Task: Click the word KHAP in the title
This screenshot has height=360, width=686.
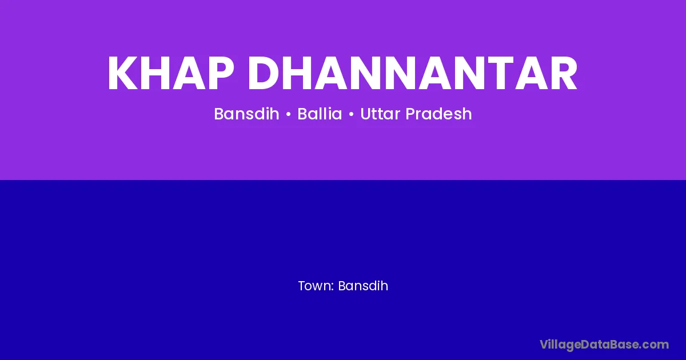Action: click(171, 73)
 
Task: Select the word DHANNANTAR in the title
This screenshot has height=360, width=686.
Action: click(412, 73)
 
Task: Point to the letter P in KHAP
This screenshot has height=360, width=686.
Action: click(221, 73)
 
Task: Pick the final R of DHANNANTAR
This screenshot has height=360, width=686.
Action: click(564, 73)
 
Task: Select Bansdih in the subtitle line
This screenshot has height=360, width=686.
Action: click(246, 114)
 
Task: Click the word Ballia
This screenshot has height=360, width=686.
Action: click(320, 114)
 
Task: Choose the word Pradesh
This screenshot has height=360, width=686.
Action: click(438, 114)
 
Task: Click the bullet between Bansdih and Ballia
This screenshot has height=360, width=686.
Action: click(288, 114)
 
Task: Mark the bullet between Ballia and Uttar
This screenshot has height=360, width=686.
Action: click(351, 114)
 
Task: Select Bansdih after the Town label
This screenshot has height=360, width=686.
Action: click(363, 286)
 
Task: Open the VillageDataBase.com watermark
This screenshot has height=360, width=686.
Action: click(604, 345)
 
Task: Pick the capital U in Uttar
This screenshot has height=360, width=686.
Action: click(366, 114)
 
